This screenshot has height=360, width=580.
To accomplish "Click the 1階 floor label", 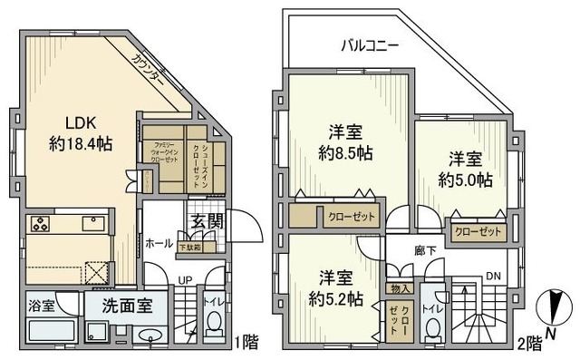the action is [x=246, y=342].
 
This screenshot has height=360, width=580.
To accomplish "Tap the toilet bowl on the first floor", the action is [x=215, y=322].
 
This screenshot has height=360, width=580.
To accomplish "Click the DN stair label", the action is [x=493, y=276].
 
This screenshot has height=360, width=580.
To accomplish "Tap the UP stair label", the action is [x=184, y=281].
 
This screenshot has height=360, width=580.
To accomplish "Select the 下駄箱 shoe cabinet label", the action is [x=189, y=247].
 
